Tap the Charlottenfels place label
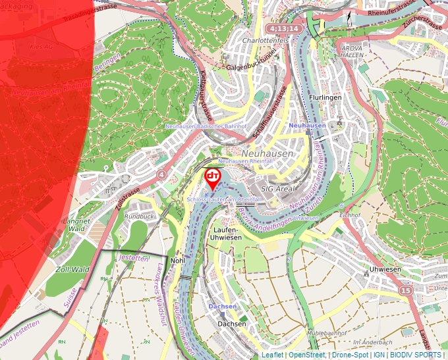click(266, 41)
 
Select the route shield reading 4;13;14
click(284, 29)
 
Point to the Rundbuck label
click(139, 216)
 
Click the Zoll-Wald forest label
click(72, 269)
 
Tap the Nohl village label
click(177, 260)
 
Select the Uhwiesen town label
click(383, 269)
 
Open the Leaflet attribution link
click(272, 355)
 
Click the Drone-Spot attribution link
click(349, 355)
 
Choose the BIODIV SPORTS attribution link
click(416, 355)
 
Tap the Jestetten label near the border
click(134, 258)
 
